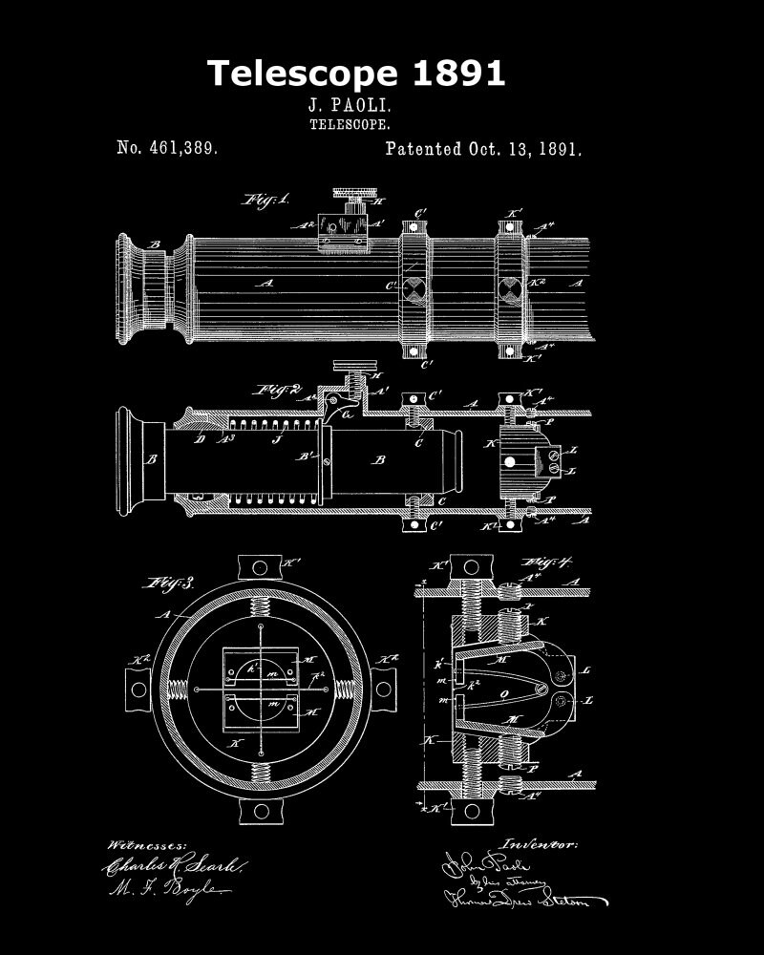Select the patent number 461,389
167,148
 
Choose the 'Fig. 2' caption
277,390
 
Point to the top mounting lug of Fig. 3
259,565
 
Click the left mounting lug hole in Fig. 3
138,688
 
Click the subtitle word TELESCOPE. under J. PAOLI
350,123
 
